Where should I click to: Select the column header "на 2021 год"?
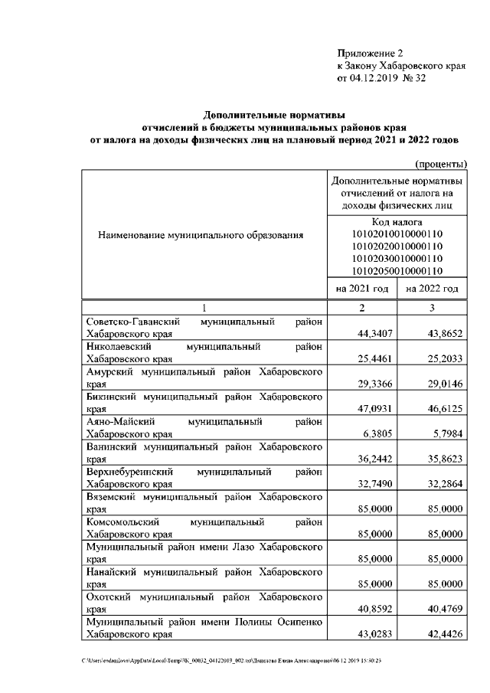(362, 289)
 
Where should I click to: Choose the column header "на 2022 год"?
(432, 289)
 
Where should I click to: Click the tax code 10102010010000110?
(397, 234)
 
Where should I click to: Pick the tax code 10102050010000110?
(397, 270)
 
